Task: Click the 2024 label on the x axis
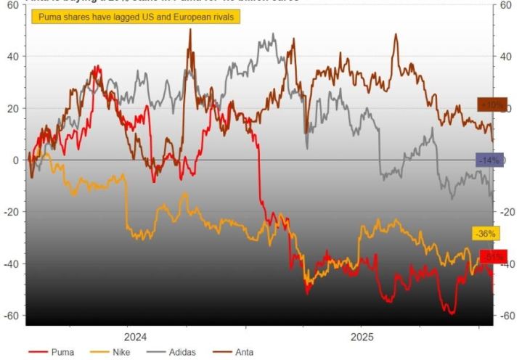click(135, 337)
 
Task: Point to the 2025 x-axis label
click(362, 337)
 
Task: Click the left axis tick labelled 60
click(13, 5)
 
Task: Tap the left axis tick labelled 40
click(13, 57)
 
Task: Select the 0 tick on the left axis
click(16, 160)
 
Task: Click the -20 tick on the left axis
click(11, 212)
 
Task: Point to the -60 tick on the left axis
click(11, 316)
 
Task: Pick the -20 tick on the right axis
click(508, 212)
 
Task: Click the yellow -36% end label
click(484, 234)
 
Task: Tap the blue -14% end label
click(490, 160)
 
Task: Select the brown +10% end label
click(490, 105)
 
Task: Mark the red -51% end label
click(492, 257)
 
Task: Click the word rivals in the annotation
click(221, 17)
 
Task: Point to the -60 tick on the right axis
click(508, 316)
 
